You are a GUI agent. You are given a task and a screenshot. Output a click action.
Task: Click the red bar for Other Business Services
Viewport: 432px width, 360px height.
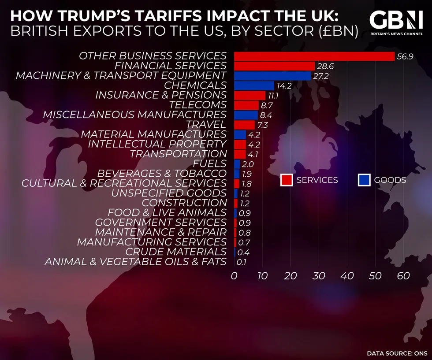[x=314, y=56]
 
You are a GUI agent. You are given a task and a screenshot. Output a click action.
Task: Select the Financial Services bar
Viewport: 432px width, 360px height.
[x=274, y=66]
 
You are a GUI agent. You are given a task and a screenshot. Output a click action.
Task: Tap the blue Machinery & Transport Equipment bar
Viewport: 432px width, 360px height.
[x=272, y=76]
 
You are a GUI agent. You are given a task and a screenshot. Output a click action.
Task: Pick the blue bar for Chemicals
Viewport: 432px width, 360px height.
[x=254, y=85]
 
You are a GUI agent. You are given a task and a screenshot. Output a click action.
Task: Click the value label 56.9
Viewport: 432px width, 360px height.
[x=405, y=56]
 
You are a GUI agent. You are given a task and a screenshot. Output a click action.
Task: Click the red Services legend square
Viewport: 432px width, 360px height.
[x=287, y=180]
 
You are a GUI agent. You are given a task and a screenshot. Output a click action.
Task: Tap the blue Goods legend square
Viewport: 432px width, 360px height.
[x=364, y=180]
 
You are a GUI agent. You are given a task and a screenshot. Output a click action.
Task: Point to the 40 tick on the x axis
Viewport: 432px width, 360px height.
[x=347, y=276]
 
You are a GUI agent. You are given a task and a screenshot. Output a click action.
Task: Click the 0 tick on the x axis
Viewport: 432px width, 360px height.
[x=234, y=276]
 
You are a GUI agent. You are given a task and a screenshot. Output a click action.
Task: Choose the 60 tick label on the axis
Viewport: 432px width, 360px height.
[x=403, y=276]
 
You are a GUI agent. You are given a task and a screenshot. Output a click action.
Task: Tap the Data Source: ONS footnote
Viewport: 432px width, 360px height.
[x=395, y=353]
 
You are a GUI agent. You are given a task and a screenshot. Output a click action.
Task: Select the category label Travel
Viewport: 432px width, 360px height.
[x=206, y=125]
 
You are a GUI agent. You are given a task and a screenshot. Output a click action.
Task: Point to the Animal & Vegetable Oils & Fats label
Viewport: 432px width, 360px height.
[x=135, y=262]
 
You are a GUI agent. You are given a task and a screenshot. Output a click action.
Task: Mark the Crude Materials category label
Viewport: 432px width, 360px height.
[x=176, y=252]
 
